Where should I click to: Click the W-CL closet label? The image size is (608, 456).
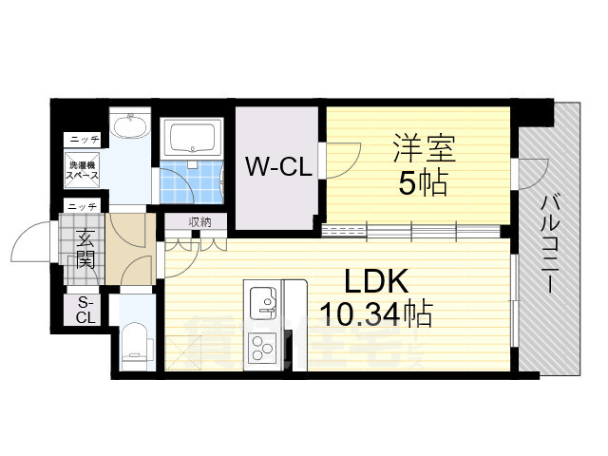(278, 168)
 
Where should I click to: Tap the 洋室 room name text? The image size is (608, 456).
(425, 150)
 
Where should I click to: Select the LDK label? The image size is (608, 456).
(375, 281)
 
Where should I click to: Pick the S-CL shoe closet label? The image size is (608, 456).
(85, 310)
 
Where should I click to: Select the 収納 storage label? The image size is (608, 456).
(199, 222)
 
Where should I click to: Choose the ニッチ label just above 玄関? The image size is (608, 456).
(82, 205)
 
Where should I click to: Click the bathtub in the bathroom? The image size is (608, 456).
(192, 139)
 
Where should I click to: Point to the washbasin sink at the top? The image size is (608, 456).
(129, 127)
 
